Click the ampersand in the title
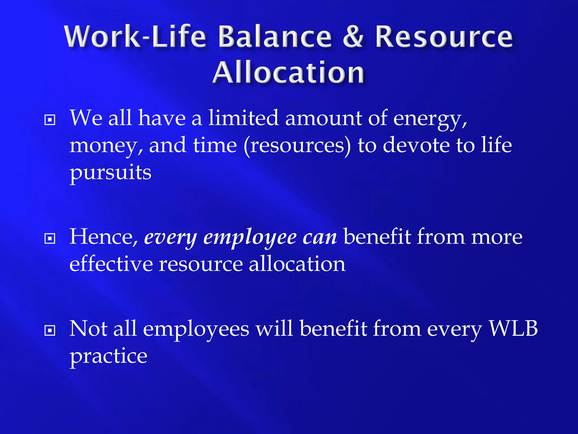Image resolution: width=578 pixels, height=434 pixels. point(353,37)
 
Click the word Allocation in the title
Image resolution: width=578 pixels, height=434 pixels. point(288,73)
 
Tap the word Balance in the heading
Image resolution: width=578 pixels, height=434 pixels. point(275,37)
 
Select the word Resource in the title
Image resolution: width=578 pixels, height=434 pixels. point(444,37)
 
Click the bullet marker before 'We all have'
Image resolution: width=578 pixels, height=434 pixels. point(50,120)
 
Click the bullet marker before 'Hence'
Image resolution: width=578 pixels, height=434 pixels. point(50,239)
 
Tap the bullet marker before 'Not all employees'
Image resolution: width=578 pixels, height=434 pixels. point(50,330)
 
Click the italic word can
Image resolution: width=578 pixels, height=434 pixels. point(319,238)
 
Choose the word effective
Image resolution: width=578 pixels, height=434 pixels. point(111,264)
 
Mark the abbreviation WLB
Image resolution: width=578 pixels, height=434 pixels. point(513,329)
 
